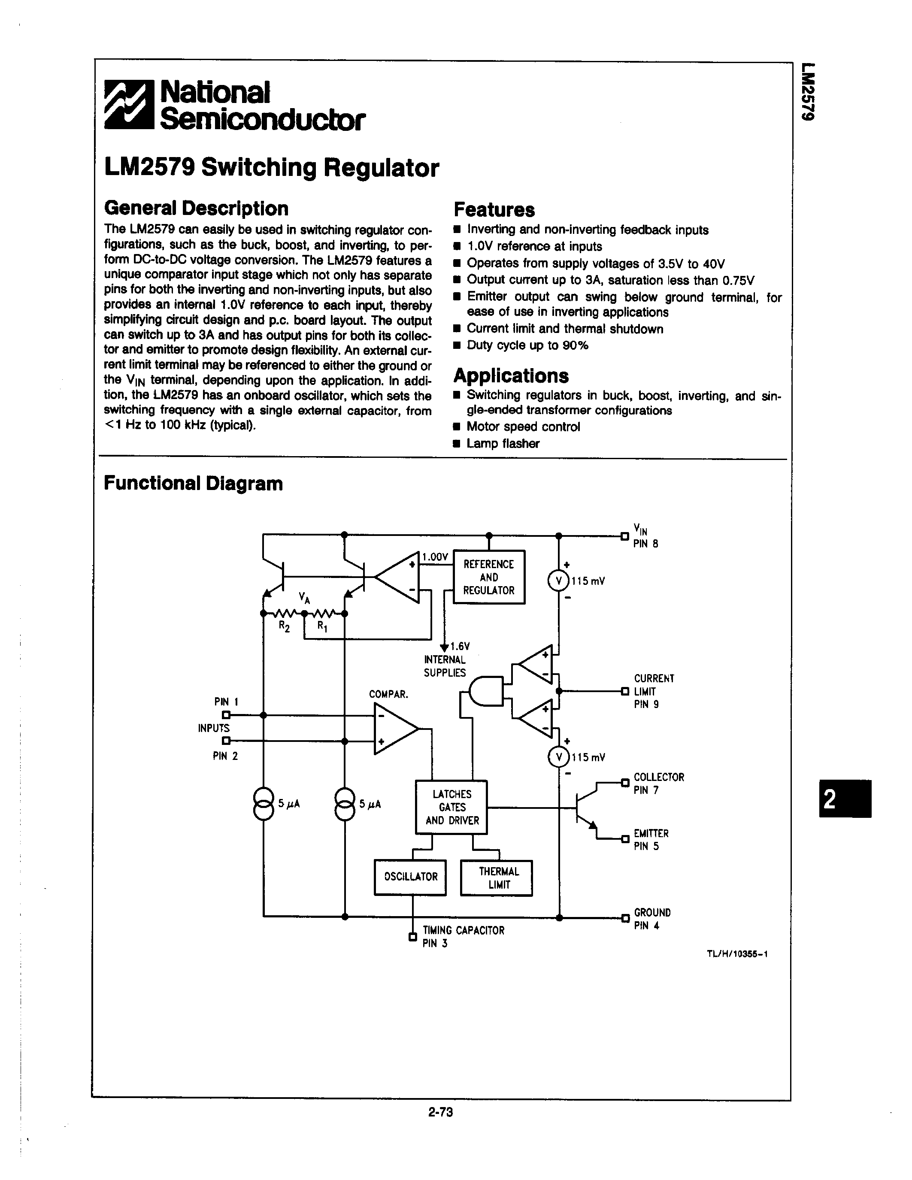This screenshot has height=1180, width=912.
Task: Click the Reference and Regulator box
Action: pos(488,577)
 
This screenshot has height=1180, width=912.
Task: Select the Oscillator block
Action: pos(410,877)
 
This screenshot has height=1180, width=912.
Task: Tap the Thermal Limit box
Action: pos(497,878)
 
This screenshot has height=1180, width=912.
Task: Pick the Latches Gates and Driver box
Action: pos(451,807)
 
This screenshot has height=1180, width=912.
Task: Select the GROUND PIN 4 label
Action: pos(651,919)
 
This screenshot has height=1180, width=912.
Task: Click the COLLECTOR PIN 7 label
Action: pos(658,784)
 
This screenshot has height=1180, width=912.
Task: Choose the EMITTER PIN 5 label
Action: pos(651,840)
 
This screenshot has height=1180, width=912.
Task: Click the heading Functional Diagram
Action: pos(193,483)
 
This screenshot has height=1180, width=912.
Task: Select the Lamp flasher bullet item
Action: pos(503,444)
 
